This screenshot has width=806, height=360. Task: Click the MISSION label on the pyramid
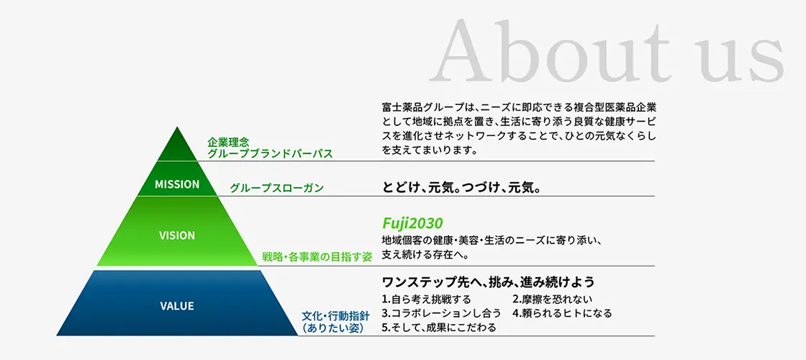[177, 184]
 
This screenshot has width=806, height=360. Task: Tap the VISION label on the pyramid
[177, 235]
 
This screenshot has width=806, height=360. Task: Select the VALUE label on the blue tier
[177, 306]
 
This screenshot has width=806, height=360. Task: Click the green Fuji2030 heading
[412, 222]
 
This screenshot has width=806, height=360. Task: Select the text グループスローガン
[276, 188]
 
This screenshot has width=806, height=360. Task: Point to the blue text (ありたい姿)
[332, 328]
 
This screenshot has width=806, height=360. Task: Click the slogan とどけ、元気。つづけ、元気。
[461, 187]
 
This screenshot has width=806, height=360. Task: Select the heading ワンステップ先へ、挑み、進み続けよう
[488, 281]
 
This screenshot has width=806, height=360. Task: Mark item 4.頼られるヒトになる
[562, 313]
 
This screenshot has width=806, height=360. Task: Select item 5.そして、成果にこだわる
[438, 328]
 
